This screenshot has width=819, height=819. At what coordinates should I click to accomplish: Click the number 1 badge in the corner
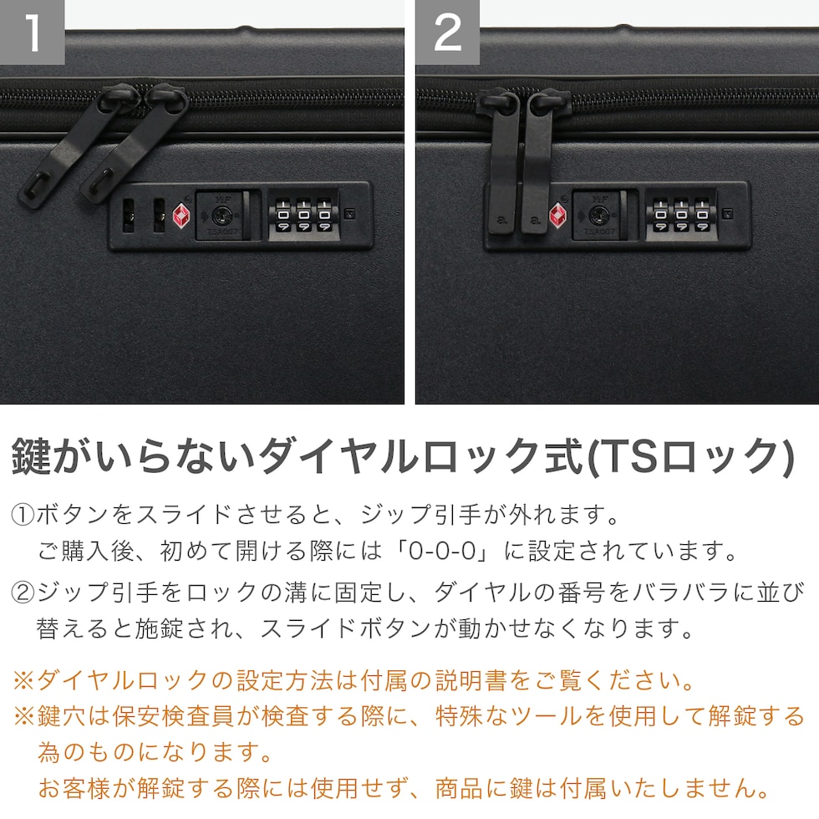(32, 33)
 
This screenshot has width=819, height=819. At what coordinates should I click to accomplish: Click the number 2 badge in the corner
(448, 33)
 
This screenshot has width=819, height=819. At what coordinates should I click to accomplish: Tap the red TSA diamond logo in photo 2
(557, 216)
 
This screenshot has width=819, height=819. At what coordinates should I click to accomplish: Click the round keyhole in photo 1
(221, 215)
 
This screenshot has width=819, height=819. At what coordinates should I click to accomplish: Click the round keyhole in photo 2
(598, 215)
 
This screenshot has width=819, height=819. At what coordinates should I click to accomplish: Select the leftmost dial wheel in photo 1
(283, 215)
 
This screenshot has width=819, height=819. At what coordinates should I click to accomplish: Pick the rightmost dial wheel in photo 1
(324, 215)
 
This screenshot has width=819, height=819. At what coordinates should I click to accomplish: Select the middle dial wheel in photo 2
(681, 215)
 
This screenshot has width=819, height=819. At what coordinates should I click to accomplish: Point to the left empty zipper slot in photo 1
(129, 216)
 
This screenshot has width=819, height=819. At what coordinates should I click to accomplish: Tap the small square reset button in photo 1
(350, 214)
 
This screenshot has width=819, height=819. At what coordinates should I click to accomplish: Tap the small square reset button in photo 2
(726, 214)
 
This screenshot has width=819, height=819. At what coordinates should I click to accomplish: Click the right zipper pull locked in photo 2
(537, 162)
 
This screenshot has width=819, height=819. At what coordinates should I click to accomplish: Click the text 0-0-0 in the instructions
(442, 552)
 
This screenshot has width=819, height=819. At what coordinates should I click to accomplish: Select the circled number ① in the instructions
(23, 515)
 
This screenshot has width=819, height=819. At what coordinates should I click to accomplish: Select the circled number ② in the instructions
(23, 593)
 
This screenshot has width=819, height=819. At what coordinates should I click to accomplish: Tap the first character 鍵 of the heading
(32, 456)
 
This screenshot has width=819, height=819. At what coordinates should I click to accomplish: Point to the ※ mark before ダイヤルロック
(23, 680)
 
